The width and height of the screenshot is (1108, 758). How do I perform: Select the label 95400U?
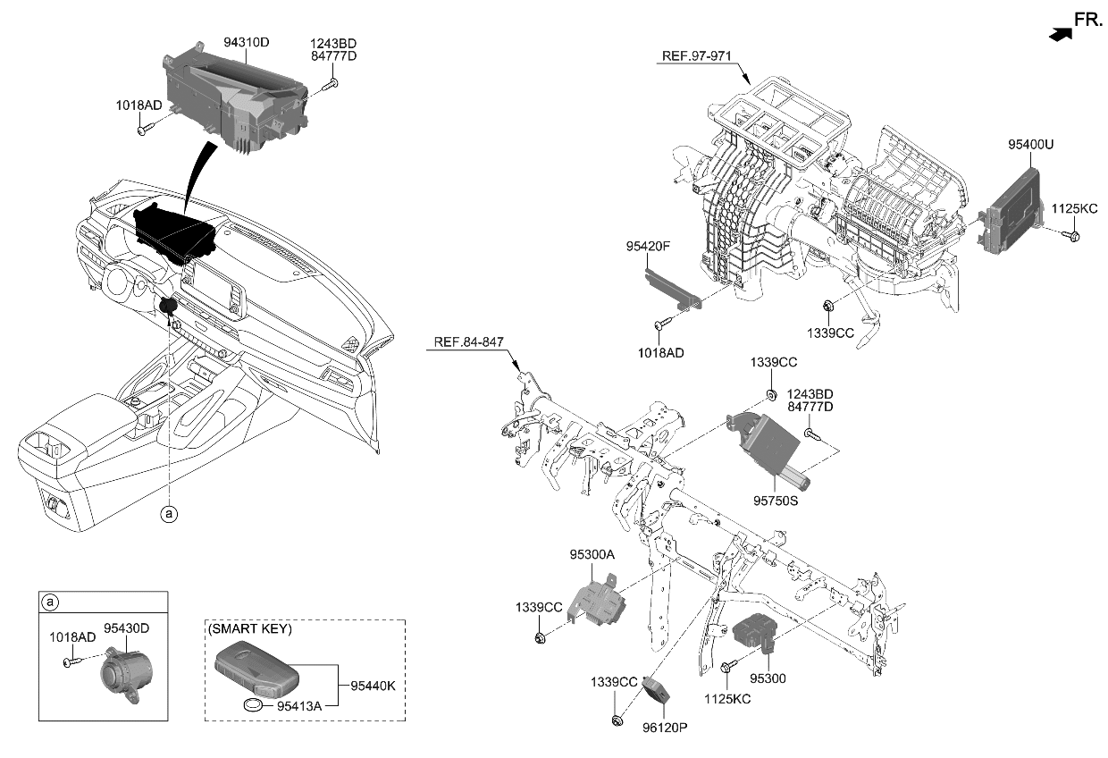pyautogui.click(x=1030, y=144)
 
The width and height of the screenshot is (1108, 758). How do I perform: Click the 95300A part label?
pyautogui.click(x=592, y=554)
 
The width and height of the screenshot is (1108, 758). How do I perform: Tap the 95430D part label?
pyautogui.click(x=126, y=628)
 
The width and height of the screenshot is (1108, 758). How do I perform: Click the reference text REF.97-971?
pyautogui.click(x=696, y=55)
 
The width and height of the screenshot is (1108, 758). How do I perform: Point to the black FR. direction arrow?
pyautogui.click(x=1060, y=33)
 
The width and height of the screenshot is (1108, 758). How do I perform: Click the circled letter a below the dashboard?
pyautogui.click(x=168, y=513)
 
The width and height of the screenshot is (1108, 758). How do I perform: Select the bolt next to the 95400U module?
pyautogui.click(x=1074, y=235)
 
